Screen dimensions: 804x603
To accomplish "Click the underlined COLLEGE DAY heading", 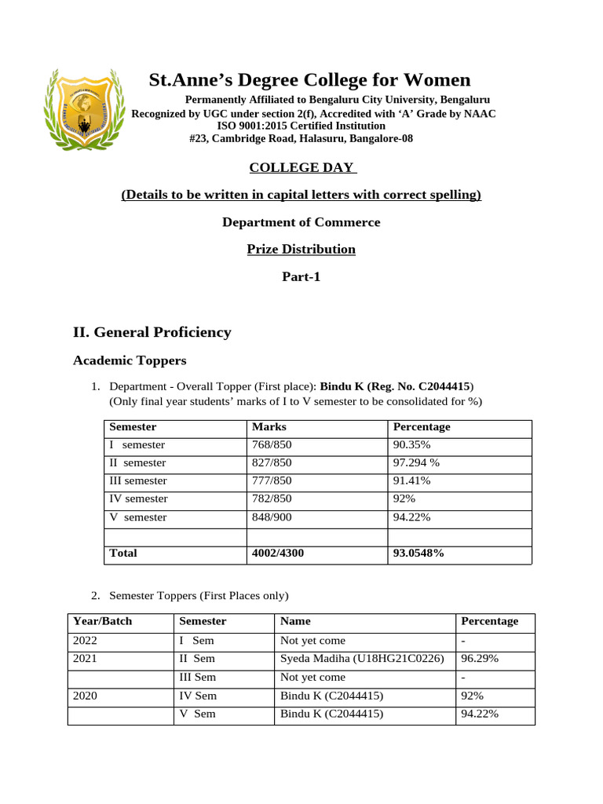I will point(301,167).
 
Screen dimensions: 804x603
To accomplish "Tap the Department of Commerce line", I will point(301,222).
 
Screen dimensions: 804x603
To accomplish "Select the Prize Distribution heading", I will point(301,249).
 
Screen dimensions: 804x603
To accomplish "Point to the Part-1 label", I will point(301,276).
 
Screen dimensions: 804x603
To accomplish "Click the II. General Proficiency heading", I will point(152,332).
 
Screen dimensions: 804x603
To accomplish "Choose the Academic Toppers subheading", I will point(130,360).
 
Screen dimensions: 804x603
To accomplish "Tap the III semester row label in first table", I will point(138,481).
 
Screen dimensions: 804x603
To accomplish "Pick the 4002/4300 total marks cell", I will point(278,554).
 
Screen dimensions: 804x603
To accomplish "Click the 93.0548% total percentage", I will point(418,554).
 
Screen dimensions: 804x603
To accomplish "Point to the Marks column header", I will point(269,427).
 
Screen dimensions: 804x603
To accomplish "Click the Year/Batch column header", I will point(103,621).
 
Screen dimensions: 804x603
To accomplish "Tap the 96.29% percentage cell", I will point(480,659).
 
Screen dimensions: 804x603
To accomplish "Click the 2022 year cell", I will point(86,641).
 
